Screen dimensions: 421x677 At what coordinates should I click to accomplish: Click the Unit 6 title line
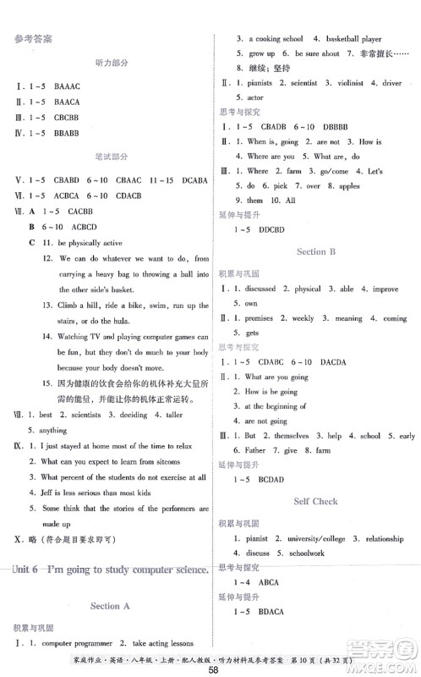pos(111,570)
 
